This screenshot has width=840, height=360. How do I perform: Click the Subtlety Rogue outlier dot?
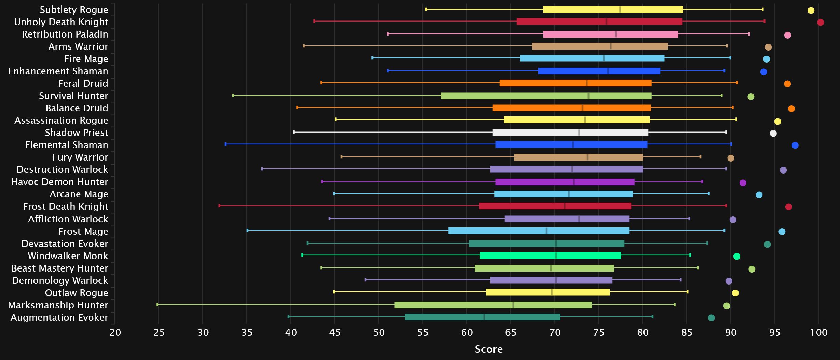pos(811,10)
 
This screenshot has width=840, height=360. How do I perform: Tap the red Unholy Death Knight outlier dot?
pos(821,23)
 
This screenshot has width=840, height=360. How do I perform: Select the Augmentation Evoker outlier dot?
pos(712,318)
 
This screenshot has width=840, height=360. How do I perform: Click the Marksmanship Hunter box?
pos(493,305)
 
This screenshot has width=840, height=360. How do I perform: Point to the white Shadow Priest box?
pos(570,133)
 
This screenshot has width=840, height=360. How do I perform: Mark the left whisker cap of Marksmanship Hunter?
pos(157,304)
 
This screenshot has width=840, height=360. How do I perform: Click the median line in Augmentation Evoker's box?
pos(484,317)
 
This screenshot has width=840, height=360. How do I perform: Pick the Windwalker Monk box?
pos(550,255)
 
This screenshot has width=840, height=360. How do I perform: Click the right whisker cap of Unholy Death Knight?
pos(764,21)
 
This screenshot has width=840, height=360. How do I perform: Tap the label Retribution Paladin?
pos(65,34)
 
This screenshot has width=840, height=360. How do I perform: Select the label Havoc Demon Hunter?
pos(59,182)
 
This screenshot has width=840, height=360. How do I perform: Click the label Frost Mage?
pos(83,231)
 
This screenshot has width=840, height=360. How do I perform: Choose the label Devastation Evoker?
pos(65,244)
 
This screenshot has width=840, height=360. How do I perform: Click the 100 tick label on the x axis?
pos(819,332)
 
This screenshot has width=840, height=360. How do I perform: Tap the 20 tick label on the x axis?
pos(115,332)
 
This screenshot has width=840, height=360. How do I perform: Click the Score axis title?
pos(489,349)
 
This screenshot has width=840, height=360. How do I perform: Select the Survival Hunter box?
pos(546,96)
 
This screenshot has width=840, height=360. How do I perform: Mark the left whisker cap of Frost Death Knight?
pos(219,206)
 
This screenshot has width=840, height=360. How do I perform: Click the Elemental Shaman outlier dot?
pos(795,146)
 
